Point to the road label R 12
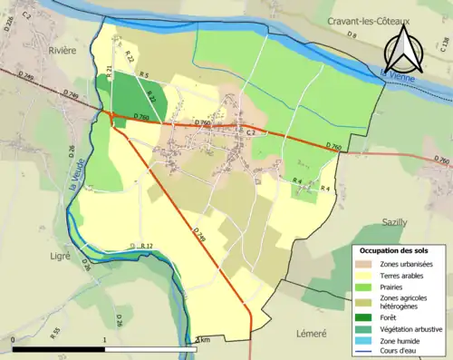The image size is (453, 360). coord(146,246)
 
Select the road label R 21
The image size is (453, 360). coord(110,71)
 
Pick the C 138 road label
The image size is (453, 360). coord(443,43)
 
